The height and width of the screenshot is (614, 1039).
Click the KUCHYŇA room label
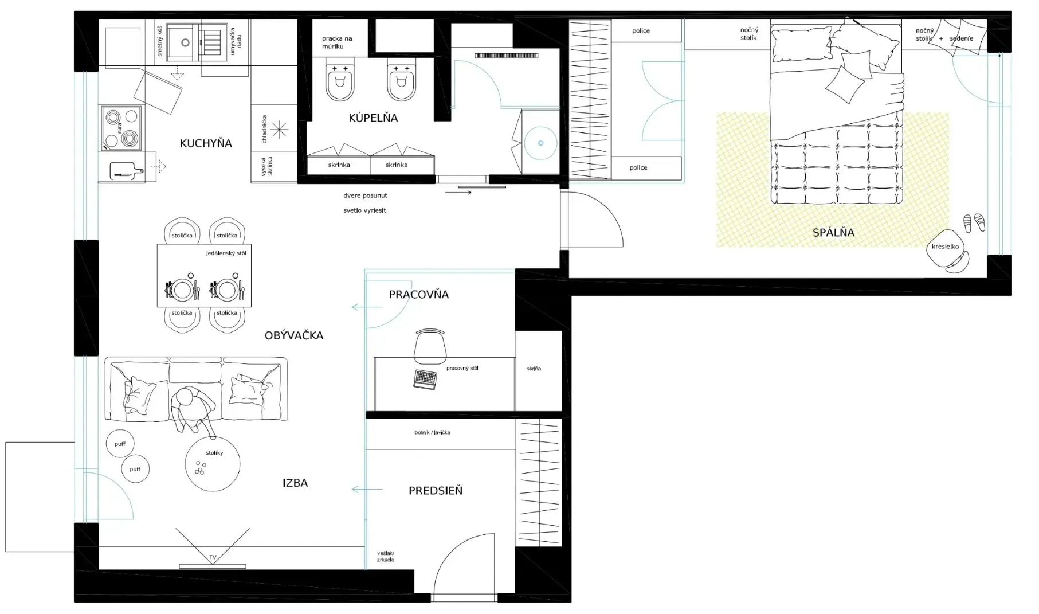click(206, 143)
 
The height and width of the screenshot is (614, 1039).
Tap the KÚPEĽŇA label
click(373, 118)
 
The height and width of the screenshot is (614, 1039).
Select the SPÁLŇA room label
click(833, 232)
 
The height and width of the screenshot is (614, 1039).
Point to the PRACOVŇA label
click(419, 294)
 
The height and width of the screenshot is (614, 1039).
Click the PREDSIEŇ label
click(436, 491)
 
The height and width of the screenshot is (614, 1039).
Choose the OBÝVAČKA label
click(294, 335)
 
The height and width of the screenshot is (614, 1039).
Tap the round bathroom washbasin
click(540, 143)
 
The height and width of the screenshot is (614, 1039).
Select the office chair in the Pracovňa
click(430, 346)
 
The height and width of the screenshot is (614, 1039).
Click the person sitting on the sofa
click(192, 409)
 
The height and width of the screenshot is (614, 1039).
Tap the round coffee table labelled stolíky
click(213, 464)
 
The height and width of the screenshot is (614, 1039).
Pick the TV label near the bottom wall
click(213, 557)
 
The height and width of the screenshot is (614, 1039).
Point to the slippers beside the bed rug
click(974, 222)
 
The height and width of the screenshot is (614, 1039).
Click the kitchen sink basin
click(186, 42)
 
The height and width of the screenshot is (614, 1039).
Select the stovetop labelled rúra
click(121, 127)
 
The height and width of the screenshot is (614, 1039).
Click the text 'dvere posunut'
click(366, 195)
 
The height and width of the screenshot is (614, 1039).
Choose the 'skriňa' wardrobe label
click(534, 369)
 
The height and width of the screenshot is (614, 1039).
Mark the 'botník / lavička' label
click(432, 432)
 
